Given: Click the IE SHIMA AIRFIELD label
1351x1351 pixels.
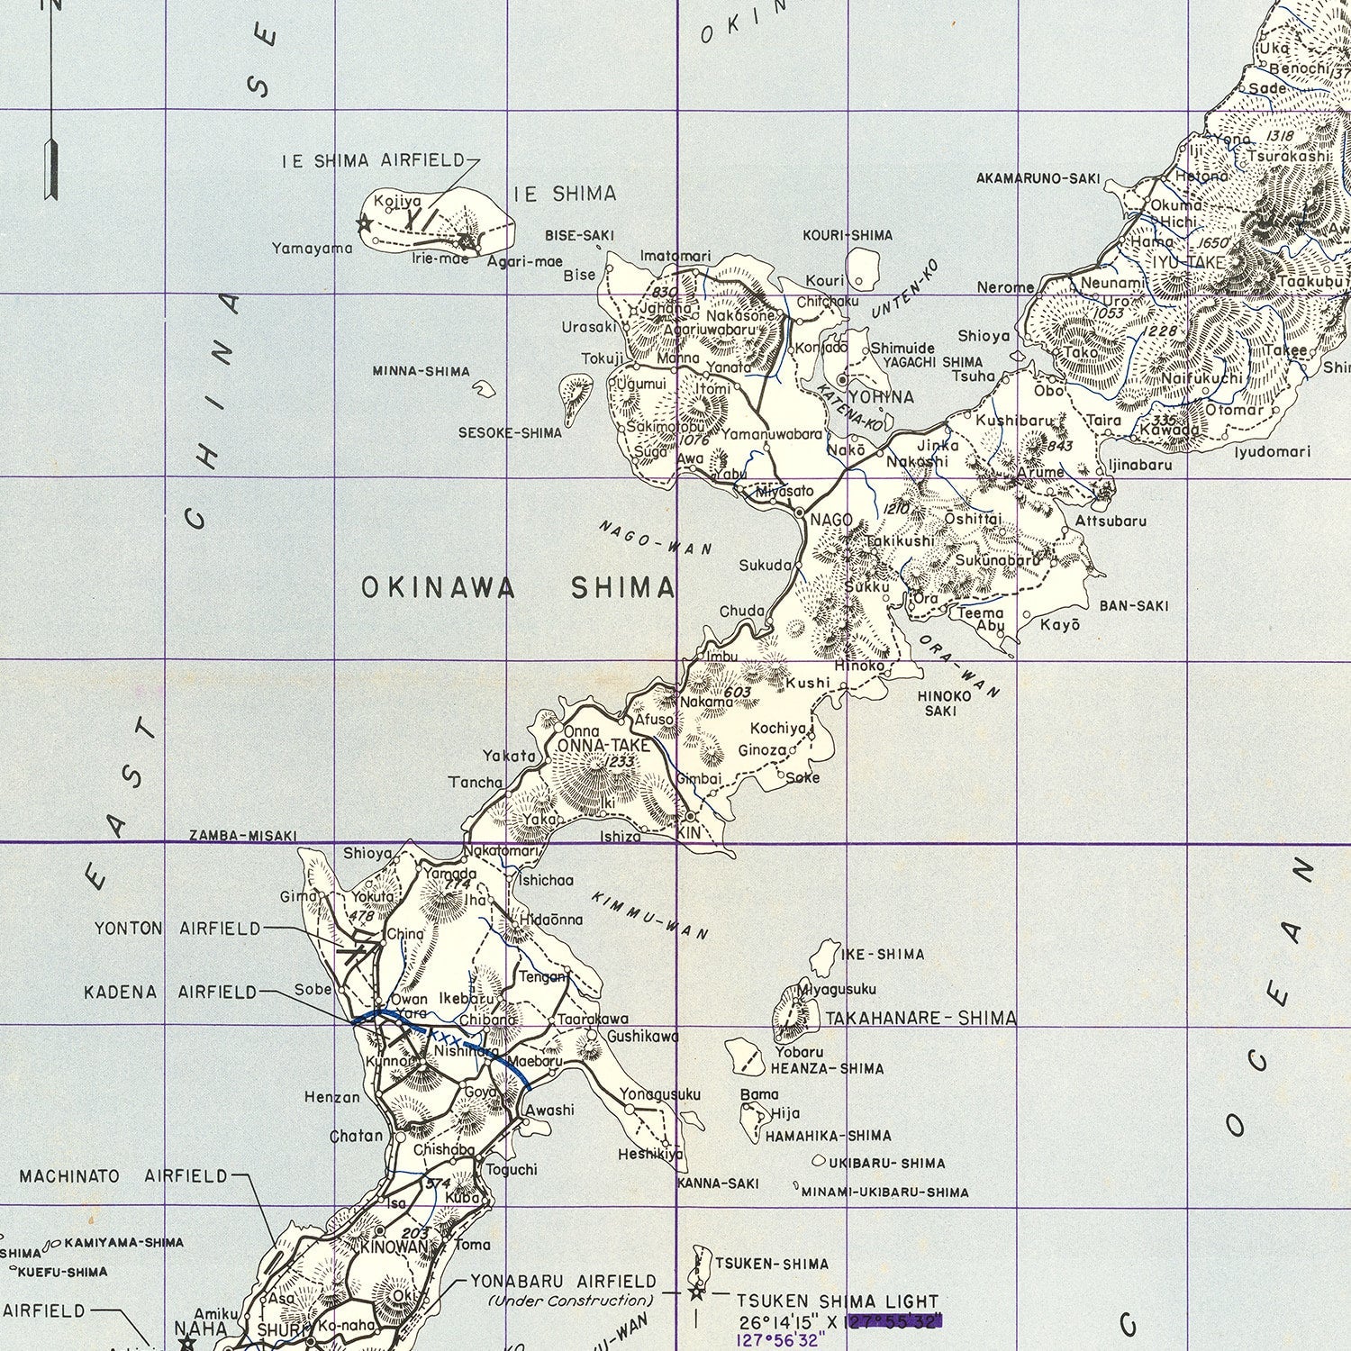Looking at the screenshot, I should click(374, 161).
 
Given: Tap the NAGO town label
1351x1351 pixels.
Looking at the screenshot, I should click(830, 520).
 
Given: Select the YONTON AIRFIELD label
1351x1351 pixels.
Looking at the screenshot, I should click(177, 929).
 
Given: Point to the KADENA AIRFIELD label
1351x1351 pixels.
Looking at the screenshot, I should click(170, 993).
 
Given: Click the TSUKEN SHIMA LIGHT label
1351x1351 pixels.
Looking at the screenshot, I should click(838, 1301).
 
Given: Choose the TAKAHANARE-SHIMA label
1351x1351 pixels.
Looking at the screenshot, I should click(920, 1019).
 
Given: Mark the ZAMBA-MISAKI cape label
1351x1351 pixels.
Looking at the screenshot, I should click(242, 836).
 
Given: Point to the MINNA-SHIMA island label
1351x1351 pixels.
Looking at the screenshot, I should click(422, 371).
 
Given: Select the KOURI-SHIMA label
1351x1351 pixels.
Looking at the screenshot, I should click(848, 235).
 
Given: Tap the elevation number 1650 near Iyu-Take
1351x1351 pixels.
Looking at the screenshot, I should click(1214, 244).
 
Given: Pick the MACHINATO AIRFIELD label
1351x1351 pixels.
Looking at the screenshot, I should click(123, 1176).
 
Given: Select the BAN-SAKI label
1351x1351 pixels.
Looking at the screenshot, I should click(1134, 605).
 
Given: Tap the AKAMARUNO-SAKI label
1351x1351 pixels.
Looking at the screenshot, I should click(1038, 178).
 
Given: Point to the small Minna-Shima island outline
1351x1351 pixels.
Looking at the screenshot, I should click(485, 389).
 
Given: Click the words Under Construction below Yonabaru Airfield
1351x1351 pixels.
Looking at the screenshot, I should click(570, 1301).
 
